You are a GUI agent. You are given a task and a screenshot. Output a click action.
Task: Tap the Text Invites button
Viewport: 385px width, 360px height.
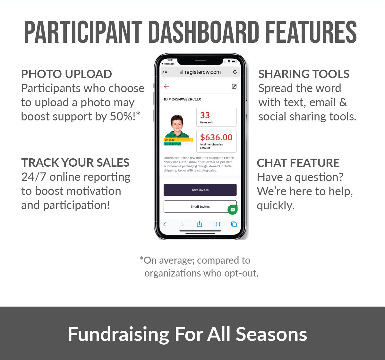click(200, 190)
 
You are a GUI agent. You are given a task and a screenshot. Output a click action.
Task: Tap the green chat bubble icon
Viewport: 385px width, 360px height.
click(233, 210)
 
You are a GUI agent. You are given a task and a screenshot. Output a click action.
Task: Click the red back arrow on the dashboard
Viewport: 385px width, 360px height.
click(166, 86)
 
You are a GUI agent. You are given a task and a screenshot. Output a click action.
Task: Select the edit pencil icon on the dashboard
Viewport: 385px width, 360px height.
click(234, 86)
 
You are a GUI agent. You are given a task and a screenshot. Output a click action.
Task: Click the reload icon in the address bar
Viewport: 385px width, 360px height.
click(235, 72)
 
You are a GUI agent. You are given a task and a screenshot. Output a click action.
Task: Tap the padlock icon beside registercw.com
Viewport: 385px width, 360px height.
click(182, 72)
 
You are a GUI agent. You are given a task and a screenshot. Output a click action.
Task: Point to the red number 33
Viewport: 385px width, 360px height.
click(205, 115)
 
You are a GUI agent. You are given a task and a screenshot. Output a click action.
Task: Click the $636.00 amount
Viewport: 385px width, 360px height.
click(216, 137)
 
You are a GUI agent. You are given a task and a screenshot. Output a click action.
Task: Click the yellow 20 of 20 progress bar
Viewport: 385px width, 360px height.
click(178, 140)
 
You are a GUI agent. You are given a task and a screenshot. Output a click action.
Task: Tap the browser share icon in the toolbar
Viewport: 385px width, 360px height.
click(199, 224)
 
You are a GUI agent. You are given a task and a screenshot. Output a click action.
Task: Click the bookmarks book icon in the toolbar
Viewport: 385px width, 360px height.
click(217, 224)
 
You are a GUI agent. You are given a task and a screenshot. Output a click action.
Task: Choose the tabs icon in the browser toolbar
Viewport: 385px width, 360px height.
click(234, 224)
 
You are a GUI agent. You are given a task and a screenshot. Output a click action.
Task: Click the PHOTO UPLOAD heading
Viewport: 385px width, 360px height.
click(66, 74)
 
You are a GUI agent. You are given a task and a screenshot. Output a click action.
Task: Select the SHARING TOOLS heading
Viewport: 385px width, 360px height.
click(304, 74)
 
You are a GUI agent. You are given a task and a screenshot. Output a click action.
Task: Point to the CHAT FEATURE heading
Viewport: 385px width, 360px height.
click(298, 162)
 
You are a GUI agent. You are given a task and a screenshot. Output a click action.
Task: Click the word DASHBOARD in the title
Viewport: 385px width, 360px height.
click(204, 32)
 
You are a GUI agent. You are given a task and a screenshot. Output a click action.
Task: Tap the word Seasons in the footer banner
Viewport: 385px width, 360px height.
click(271, 334)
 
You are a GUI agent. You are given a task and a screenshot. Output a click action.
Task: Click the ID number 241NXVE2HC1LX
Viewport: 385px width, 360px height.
click(186, 99)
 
